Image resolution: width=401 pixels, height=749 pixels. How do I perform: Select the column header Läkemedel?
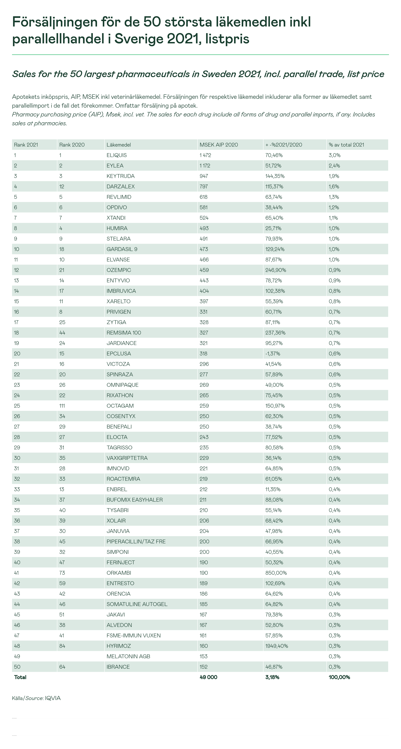118,145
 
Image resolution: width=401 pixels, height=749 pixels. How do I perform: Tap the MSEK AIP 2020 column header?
219,145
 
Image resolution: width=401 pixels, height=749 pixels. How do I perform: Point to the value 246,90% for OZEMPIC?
275,270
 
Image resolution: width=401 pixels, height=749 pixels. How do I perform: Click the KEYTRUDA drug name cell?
121,176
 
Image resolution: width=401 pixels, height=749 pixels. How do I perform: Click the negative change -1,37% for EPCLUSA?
273,354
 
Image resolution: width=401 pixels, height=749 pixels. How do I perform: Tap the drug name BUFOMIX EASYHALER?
135,500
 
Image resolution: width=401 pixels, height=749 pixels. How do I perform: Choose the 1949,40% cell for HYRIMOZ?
277,646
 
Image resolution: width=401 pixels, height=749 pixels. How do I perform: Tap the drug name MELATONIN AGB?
128,657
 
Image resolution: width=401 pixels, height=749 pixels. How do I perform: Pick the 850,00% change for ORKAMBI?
276,573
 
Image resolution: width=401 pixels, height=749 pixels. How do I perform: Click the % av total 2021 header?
346,145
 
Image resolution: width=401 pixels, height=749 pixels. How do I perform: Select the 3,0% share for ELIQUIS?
334,155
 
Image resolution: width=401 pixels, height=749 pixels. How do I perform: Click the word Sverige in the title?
139,39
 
